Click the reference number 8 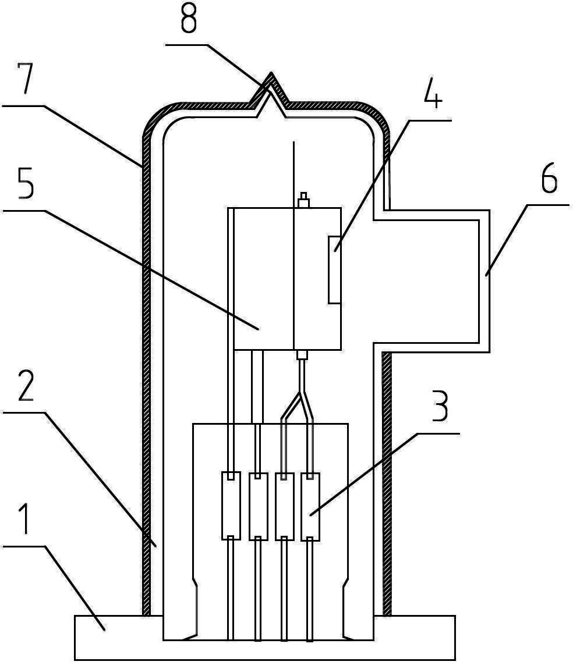(x=189, y=19)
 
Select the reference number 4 (x=433, y=93)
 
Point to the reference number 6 (x=549, y=179)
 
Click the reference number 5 (x=26, y=183)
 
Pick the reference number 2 (x=26, y=386)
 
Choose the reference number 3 (x=440, y=407)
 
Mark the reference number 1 (x=26, y=519)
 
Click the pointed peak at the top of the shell (x=270, y=74)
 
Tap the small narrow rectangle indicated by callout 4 (x=334, y=270)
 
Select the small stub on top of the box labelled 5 (x=303, y=200)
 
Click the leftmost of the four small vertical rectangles (x=231, y=506)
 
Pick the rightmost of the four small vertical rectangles (x=310, y=507)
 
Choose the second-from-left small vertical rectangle (x=258, y=506)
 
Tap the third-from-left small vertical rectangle (x=284, y=507)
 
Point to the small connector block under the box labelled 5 (x=302, y=355)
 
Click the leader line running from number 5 (x=130, y=270)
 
